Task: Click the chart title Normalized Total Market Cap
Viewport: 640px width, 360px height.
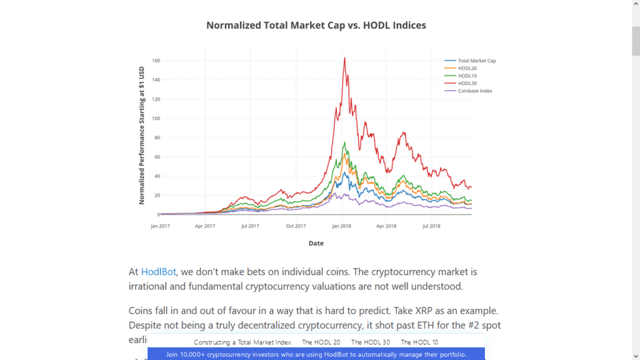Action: pyautogui.click(x=316, y=26)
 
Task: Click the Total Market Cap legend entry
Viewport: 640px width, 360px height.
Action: pyautogui.click(x=476, y=61)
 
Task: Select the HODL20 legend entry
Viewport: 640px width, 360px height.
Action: pyautogui.click(x=467, y=68)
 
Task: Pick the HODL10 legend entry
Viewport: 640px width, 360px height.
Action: pyautogui.click(x=467, y=76)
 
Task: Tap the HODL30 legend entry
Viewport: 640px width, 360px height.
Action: pyautogui.click(x=467, y=83)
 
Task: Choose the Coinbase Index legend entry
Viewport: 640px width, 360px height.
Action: pyautogui.click(x=475, y=91)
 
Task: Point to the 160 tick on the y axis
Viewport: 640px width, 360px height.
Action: pyautogui.click(x=156, y=61)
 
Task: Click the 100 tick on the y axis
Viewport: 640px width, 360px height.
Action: pyautogui.click(x=156, y=118)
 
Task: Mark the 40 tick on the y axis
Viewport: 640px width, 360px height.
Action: pyautogui.click(x=157, y=176)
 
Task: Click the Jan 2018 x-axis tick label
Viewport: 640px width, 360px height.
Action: pyautogui.click(x=341, y=226)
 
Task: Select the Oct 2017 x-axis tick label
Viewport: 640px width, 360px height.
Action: pyautogui.click(x=296, y=226)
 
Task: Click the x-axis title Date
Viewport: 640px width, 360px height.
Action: pyautogui.click(x=316, y=243)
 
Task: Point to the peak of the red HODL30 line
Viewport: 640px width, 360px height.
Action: pyautogui.click(x=344, y=58)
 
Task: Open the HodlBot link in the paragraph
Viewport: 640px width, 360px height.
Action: pyautogui.click(x=158, y=272)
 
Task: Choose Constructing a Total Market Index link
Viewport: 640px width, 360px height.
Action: pyautogui.click(x=242, y=342)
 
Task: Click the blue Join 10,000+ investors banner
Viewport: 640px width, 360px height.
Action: pyautogui.click(x=316, y=354)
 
